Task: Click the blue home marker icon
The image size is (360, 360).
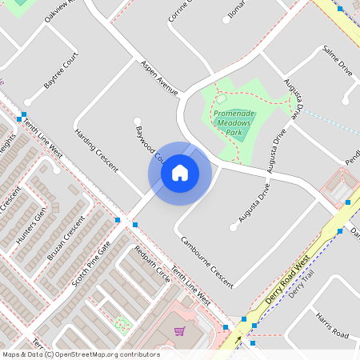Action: [x=180, y=172]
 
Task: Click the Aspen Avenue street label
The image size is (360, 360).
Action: [x=159, y=78]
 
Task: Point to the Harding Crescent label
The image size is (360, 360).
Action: [x=96, y=150]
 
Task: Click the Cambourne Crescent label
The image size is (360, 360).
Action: [x=206, y=262]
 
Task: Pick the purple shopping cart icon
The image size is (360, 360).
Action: [x=180, y=330]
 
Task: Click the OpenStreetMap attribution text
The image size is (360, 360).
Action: [x=80, y=354]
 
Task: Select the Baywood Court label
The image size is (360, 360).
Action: [x=149, y=142]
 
